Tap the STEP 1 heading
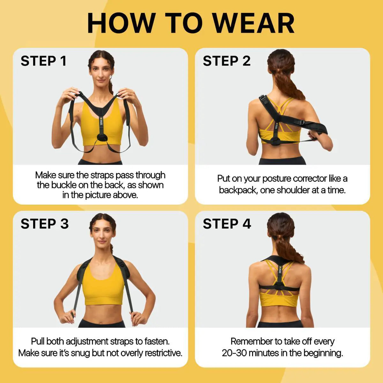point(44,61)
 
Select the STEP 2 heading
point(227,61)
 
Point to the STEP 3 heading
point(45,224)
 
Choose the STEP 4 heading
point(227,224)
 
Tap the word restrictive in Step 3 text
point(163,353)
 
